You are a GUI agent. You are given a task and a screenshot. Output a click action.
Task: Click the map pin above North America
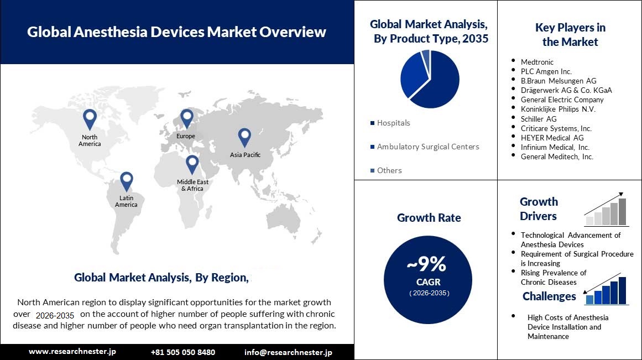point(89,118)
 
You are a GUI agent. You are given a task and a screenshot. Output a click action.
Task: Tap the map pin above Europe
point(186,117)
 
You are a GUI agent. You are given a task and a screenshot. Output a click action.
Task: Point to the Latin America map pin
point(127,180)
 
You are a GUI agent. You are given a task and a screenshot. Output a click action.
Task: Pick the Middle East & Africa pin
point(192,163)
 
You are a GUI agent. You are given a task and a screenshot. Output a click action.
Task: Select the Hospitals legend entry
point(393,123)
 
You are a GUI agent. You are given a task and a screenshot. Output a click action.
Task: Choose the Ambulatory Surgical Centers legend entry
point(427,147)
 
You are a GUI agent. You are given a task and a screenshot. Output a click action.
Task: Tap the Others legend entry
point(389,170)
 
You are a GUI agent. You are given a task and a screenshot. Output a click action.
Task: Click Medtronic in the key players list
point(536,62)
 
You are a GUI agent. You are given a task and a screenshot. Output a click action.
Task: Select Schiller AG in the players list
point(538,119)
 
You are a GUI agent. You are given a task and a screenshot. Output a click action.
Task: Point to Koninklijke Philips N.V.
point(557,109)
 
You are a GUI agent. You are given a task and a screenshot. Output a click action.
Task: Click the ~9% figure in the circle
point(426,265)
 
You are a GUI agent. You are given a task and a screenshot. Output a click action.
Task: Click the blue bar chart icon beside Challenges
point(607,290)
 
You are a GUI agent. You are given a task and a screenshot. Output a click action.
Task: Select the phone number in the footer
point(182,352)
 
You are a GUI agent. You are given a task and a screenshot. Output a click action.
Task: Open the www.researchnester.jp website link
point(72,352)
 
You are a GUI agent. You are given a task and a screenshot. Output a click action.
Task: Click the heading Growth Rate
point(429,218)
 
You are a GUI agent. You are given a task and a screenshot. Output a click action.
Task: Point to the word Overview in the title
point(291,32)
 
